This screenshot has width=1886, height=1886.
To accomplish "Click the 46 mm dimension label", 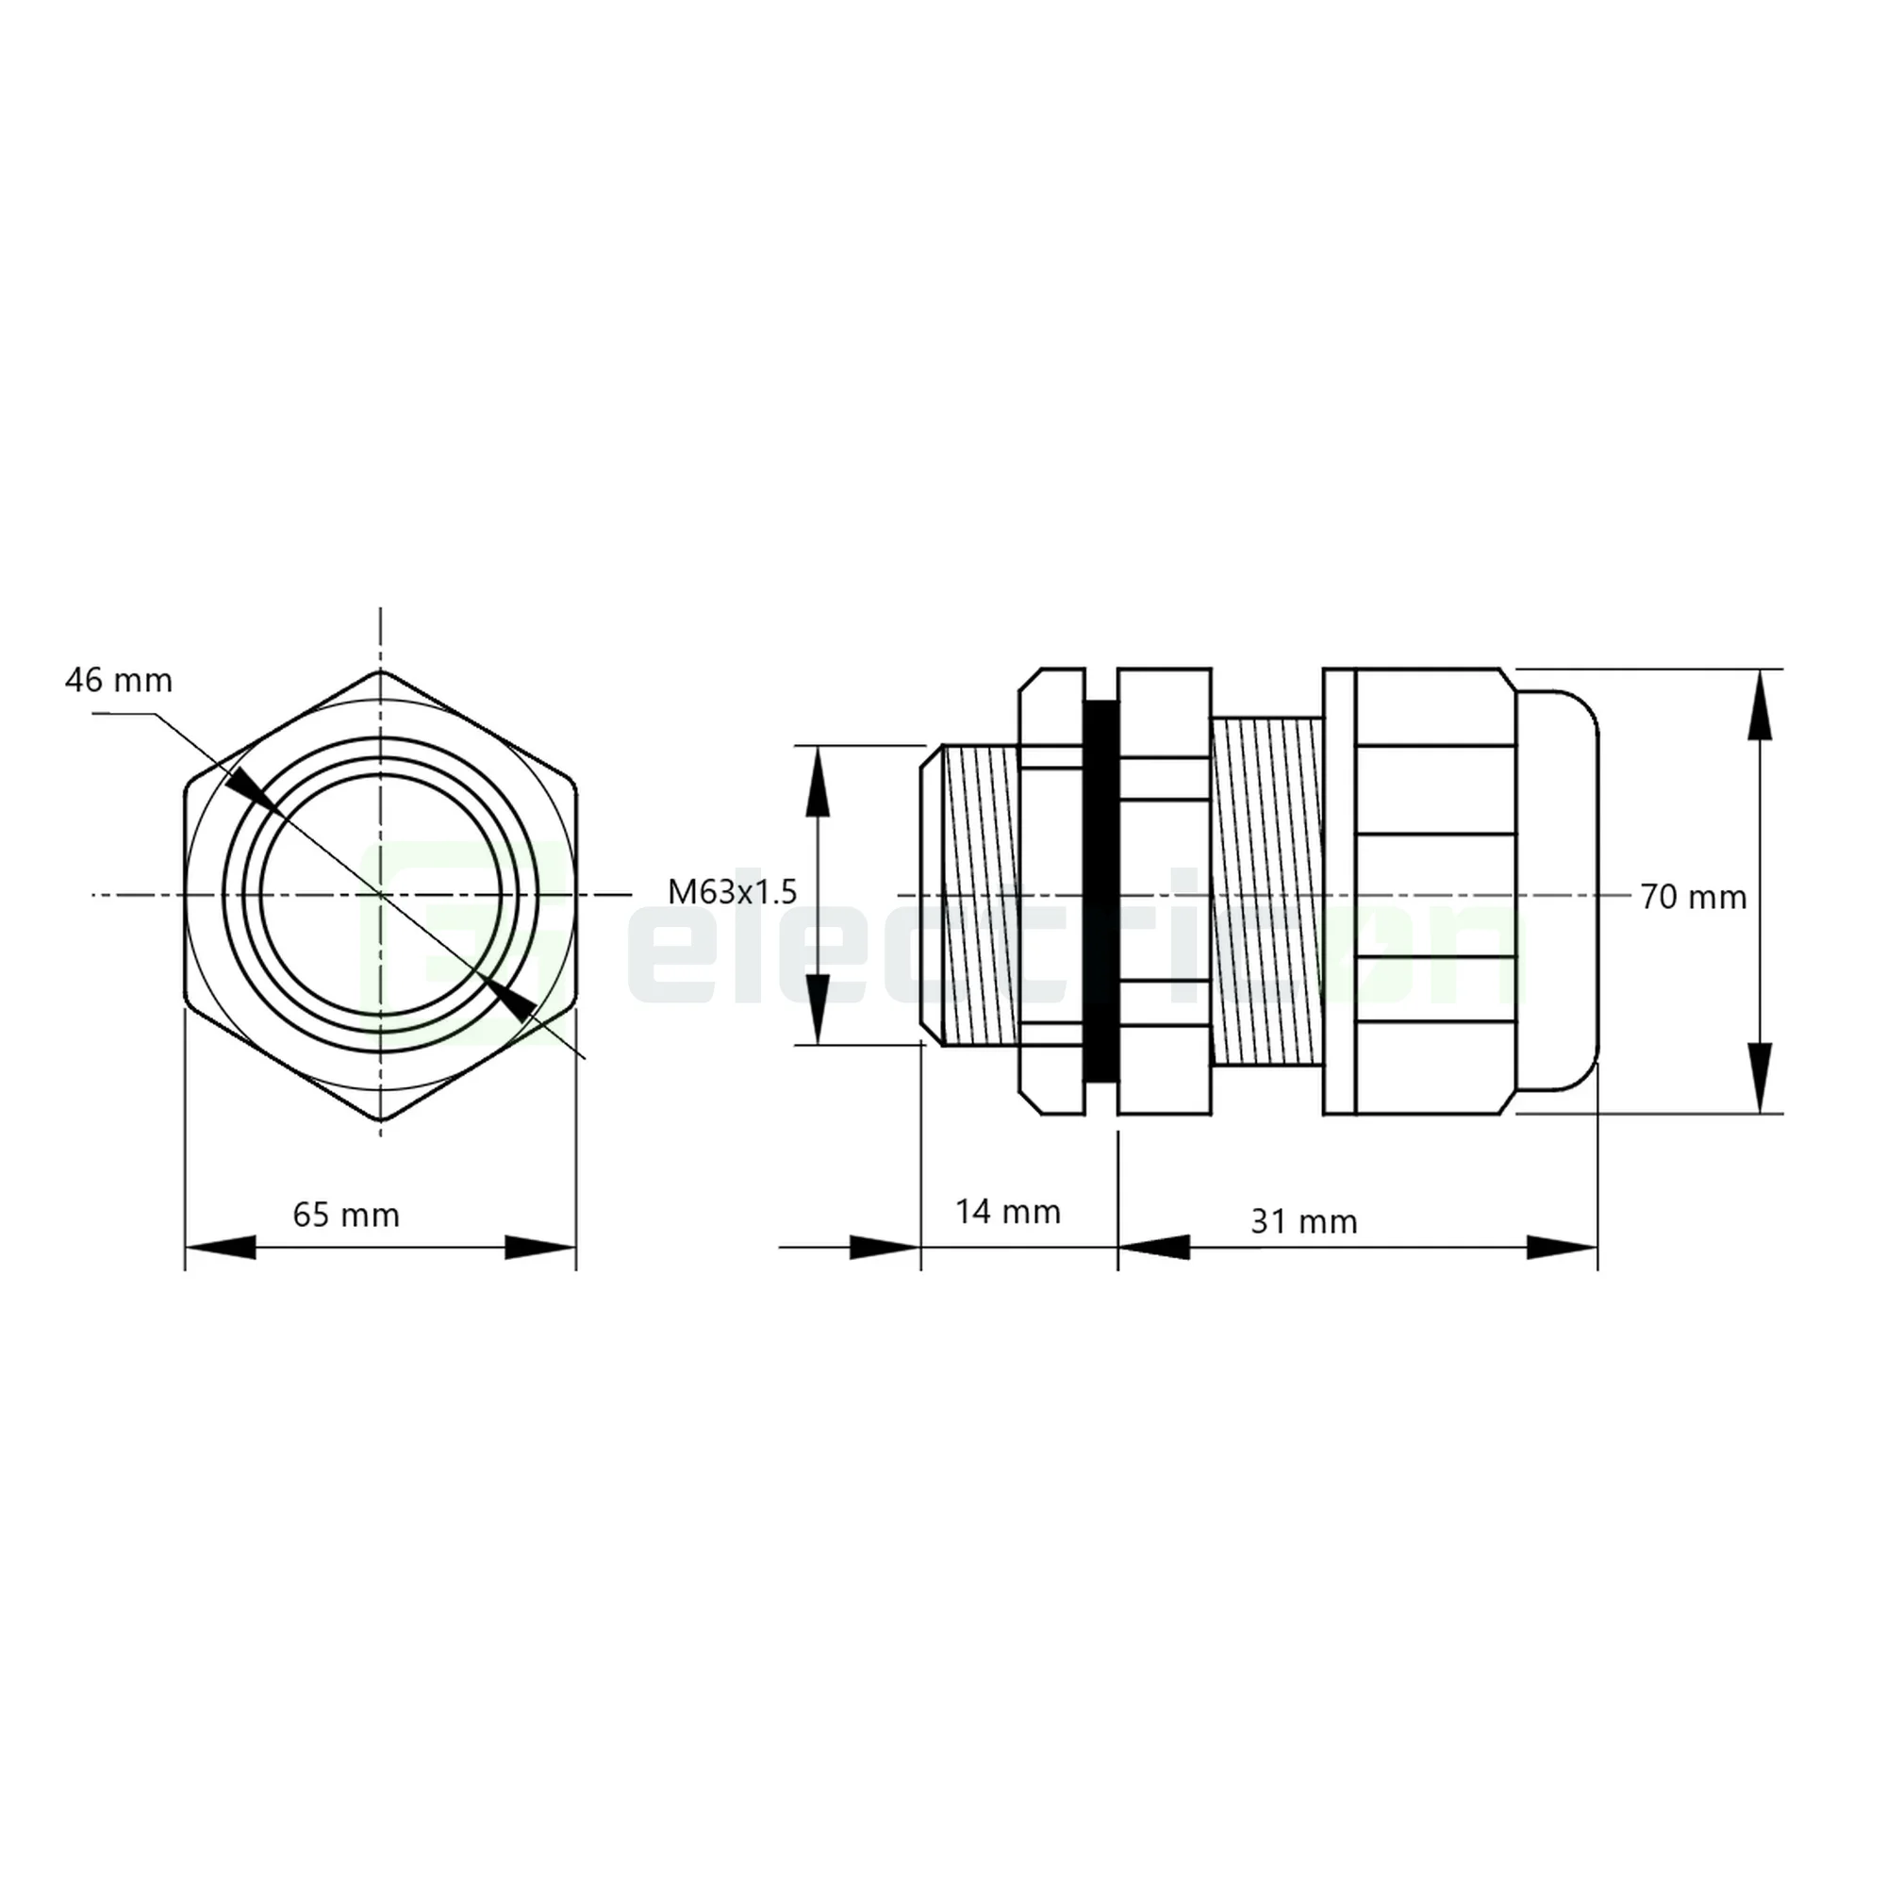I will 118,681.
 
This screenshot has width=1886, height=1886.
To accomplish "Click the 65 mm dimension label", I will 345,1216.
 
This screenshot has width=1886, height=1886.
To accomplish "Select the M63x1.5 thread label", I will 732,891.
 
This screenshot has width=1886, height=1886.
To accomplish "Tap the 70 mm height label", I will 1693,897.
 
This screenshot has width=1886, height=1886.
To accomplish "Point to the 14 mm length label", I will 1007,1212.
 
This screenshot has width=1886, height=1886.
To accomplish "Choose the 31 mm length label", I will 1303,1221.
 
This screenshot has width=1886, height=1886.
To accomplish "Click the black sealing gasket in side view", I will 1100,892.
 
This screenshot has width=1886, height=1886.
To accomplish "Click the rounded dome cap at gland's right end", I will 1558,890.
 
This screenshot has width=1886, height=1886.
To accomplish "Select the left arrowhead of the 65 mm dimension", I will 221,1247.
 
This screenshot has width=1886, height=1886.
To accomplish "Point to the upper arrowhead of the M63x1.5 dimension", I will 817,781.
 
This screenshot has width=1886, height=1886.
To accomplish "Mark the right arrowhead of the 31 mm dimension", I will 1562,1247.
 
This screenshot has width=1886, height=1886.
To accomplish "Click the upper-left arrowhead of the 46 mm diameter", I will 253,787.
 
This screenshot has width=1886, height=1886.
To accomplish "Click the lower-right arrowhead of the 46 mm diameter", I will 510,998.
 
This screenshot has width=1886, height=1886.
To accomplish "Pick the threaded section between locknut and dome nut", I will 1266,890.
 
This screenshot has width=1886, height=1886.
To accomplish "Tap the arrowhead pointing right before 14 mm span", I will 885,1247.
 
